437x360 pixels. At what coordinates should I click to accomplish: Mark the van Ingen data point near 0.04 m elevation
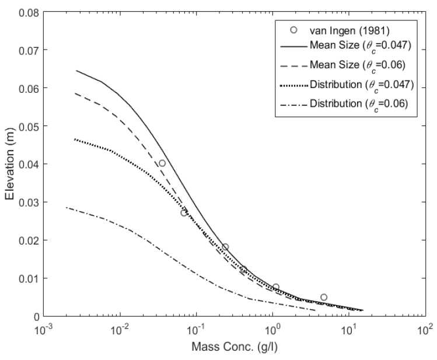click(162, 163)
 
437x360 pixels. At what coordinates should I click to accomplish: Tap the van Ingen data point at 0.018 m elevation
click(225, 247)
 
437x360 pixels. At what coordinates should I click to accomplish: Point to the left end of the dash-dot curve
click(67, 208)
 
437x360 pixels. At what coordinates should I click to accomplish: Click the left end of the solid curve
click(76, 71)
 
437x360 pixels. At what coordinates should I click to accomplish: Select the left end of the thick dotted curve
click(75, 139)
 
